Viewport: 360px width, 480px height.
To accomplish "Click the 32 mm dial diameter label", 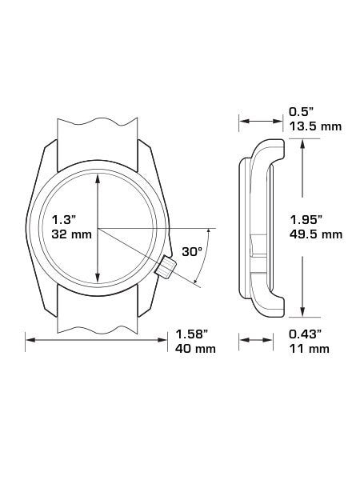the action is pyautogui.click(x=72, y=234).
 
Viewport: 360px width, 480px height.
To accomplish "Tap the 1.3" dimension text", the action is pyautogui.click(x=64, y=220).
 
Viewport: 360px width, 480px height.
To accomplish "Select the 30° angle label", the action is pyautogui.click(x=192, y=251).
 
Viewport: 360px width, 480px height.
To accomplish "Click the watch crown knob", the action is pyautogui.click(x=166, y=267).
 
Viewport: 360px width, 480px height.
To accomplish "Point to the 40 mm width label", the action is pyautogui.click(x=195, y=348).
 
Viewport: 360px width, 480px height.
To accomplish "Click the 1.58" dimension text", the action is pyautogui.click(x=192, y=334).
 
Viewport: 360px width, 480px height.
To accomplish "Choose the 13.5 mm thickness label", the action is pyautogui.click(x=315, y=126).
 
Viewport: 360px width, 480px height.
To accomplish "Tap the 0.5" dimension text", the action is pyautogui.click(x=302, y=112).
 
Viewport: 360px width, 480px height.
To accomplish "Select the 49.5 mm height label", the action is pyautogui.click(x=316, y=234).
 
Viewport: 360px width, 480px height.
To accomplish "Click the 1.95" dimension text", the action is pyautogui.click(x=306, y=220).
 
